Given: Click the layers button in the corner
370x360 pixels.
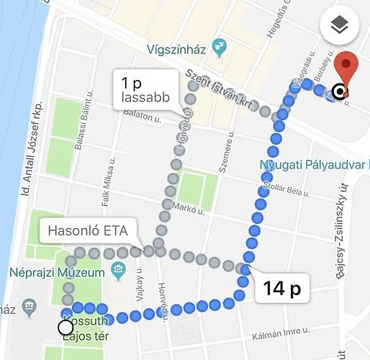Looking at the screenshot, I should [x=339, y=26].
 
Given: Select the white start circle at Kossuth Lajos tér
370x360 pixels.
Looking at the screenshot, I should [x=66, y=328].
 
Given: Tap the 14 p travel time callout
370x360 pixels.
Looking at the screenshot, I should [x=281, y=290].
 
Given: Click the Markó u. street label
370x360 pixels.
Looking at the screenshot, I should [x=189, y=210].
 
